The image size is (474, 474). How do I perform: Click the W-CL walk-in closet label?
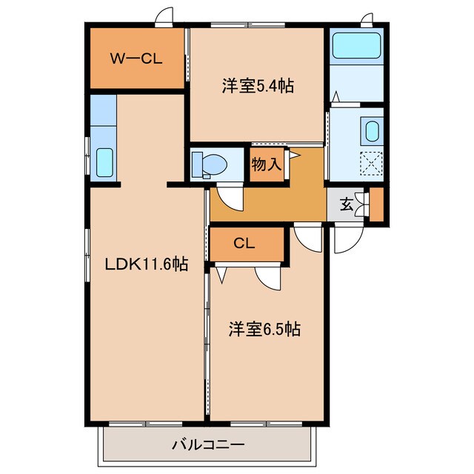point(136,59)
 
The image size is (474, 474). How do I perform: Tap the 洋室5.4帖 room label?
point(258,87)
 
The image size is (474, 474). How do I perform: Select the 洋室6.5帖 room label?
point(263,329)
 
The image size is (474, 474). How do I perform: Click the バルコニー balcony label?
point(208,445)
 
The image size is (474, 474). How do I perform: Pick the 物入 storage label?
point(267,164)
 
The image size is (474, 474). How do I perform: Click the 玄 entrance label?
point(346,204)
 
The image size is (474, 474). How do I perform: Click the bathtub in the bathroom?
point(356,46)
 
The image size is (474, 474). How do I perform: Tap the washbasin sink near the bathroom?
point(372,133)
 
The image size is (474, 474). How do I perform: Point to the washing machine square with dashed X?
point(370,163)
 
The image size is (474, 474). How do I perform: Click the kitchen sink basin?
point(104,161)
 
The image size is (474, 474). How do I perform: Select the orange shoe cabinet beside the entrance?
point(376,206)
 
